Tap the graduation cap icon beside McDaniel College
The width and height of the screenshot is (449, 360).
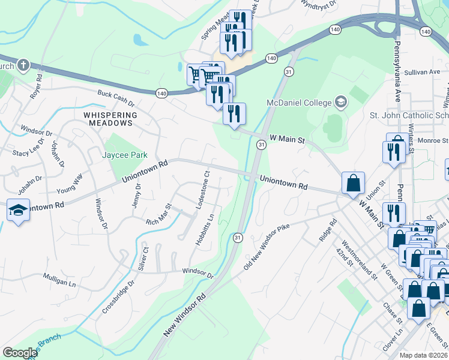pyautogui.click(x=341, y=101)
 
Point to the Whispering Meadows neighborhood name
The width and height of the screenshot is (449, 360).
pyautogui.click(x=110, y=119)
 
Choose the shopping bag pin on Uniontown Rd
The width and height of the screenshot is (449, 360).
pyautogui.click(x=354, y=184)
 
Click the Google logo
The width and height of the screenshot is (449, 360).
pyautogui.click(x=20, y=353)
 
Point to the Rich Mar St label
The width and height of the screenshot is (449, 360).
pyautogui.click(x=158, y=215)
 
